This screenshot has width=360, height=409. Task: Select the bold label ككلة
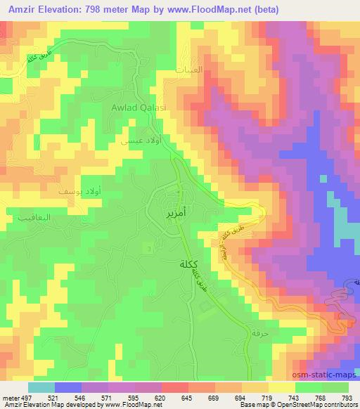(x=182, y=264)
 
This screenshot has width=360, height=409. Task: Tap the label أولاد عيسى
(x=131, y=140)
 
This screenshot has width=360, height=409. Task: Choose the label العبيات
(x=189, y=70)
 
